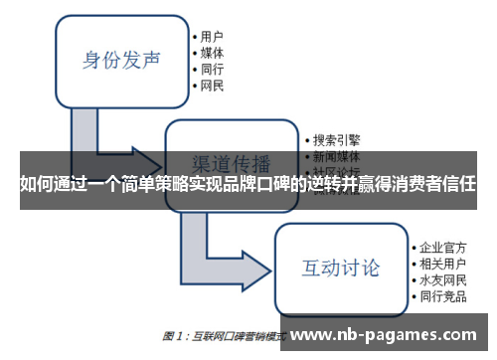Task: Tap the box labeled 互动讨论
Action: [340, 268]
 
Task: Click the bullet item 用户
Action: [212, 35]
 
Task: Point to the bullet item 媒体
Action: [212, 53]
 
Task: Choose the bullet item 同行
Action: [212, 71]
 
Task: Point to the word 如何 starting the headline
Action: [35, 184]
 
